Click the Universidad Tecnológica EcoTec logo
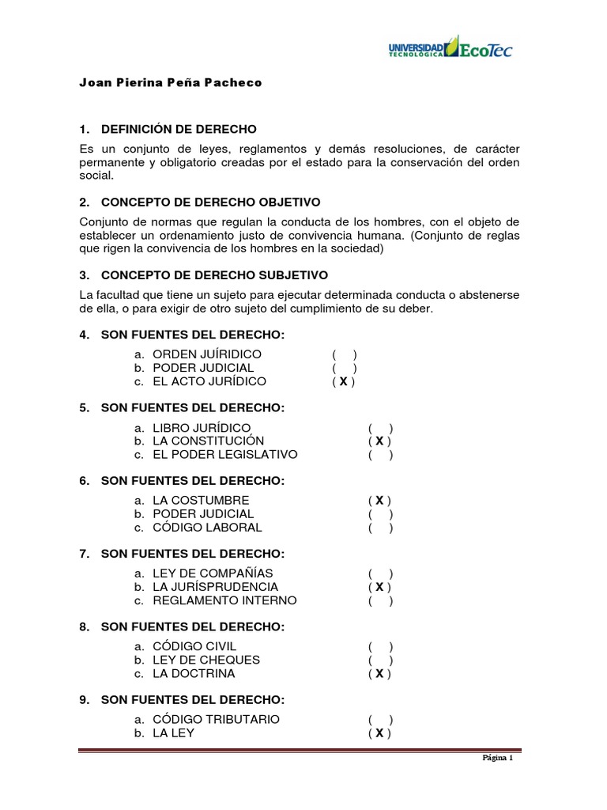[450, 47]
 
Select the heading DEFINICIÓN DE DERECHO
[178, 129]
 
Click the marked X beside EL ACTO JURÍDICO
[344, 381]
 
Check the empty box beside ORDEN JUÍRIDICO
[344, 354]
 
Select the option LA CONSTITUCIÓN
[208, 441]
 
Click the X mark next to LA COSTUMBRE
[379, 500]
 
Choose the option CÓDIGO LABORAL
[207, 528]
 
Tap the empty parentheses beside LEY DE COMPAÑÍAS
[379, 573]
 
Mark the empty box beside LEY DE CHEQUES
[379, 660]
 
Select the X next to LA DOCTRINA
[379, 674]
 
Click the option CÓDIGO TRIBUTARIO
[216, 719]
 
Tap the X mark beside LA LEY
[379, 733]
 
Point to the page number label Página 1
[498, 758]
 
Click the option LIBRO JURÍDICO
[206, 427]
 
